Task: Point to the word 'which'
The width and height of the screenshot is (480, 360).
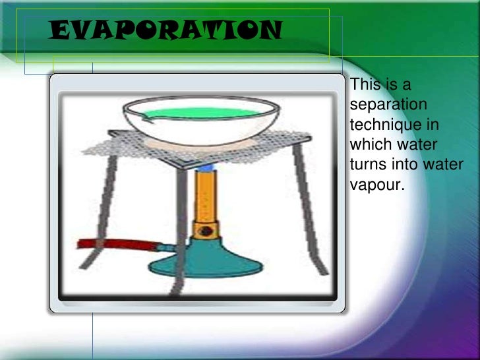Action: [371, 144]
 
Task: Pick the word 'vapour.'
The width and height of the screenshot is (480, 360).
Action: [376, 185]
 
